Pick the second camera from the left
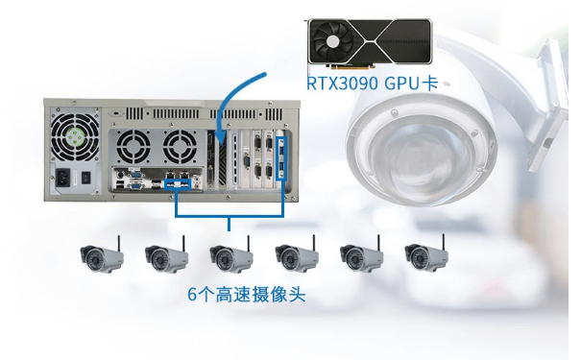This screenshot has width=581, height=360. click(x=164, y=256)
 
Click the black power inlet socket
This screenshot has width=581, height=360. click(x=66, y=179)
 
